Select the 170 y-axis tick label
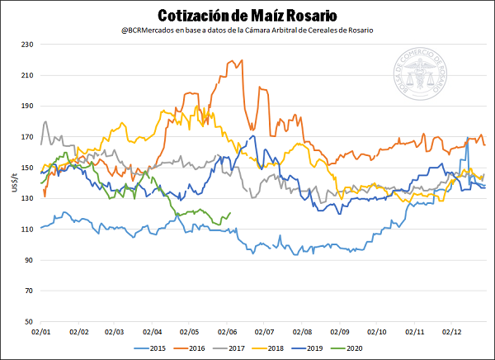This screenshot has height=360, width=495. click(x=26, y=137)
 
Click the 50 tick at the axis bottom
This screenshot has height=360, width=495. click(x=29, y=322)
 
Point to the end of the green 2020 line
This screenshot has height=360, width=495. click(x=230, y=213)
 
